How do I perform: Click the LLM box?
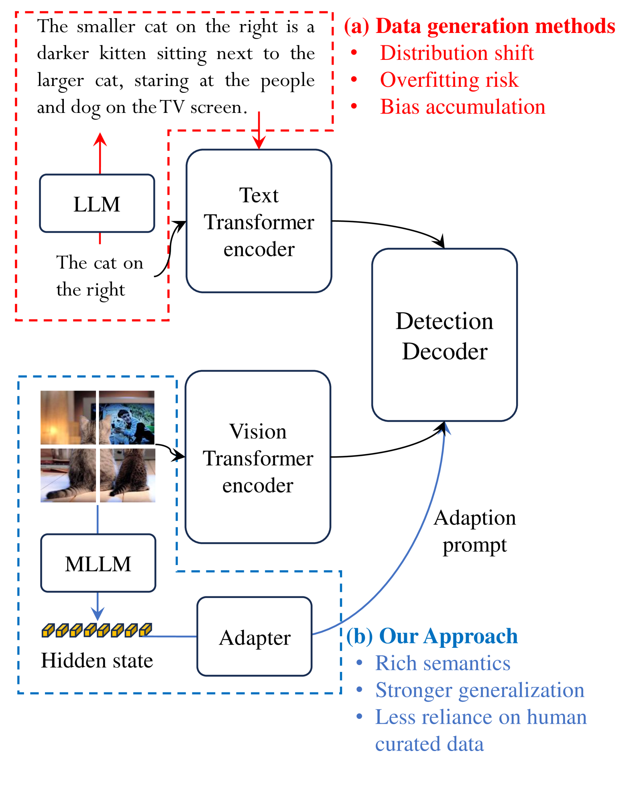pyautogui.click(x=97, y=204)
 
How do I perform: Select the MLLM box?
pyautogui.click(x=98, y=563)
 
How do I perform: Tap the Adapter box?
pyautogui.click(x=254, y=637)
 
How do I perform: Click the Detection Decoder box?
pyautogui.click(x=444, y=335)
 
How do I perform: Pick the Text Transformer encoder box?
pyautogui.click(x=259, y=221)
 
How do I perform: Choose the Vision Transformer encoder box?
pyautogui.click(x=258, y=457)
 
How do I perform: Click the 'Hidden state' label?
pyautogui.click(x=97, y=661)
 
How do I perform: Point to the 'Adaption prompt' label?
pyautogui.click(x=474, y=531)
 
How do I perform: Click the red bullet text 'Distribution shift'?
pyautogui.click(x=456, y=53)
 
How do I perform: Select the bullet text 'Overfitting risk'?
pyautogui.click(x=449, y=80)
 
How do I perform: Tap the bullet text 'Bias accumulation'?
pyautogui.click(x=462, y=107)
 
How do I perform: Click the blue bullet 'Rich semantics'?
pyautogui.click(x=442, y=663)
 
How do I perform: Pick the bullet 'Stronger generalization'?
pyautogui.click(x=479, y=690)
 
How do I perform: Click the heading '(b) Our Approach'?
pyautogui.click(x=432, y=636)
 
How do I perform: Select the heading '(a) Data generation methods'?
pyautogui.click(x=479, y=26)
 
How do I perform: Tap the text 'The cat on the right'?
pyautogui.click(x=99, y=276)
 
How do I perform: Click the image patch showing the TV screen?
pyautogui.click(x=127, y=417)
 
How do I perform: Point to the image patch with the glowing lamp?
pyautogui.click(x=68, y=417)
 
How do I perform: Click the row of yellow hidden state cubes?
pyautogui.click(x=97, y=630)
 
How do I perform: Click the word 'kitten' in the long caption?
pyautogui.click(x=122, y=53)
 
